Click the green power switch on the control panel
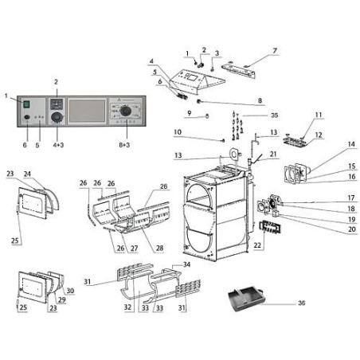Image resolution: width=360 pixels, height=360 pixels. coord(26,104)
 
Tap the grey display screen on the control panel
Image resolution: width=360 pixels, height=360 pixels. coord(87,111)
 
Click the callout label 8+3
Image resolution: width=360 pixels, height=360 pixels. coord(124,145)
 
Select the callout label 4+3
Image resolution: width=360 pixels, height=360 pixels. coord(58,145)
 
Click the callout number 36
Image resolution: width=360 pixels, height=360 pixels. coord(302,303)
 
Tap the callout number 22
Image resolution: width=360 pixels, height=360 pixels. coord(257,245)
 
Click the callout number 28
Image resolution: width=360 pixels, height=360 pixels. coord(159,248)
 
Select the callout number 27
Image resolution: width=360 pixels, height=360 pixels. coord(135,248)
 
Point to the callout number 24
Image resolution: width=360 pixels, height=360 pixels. coord(27,174)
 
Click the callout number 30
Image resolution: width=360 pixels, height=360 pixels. coord(70,291)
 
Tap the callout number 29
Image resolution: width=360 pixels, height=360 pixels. coord(62,299)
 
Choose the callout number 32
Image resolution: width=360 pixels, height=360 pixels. coord(127,307)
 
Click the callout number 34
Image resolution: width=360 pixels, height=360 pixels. coord(187,264)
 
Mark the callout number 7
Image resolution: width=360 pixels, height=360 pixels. coord(275,50)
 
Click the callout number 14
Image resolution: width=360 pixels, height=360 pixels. coord(351,144)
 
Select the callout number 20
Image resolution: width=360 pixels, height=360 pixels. coord(352,229)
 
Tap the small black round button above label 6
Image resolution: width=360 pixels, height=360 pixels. coord(26,117)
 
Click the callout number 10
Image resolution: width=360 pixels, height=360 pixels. coord(178,132)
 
